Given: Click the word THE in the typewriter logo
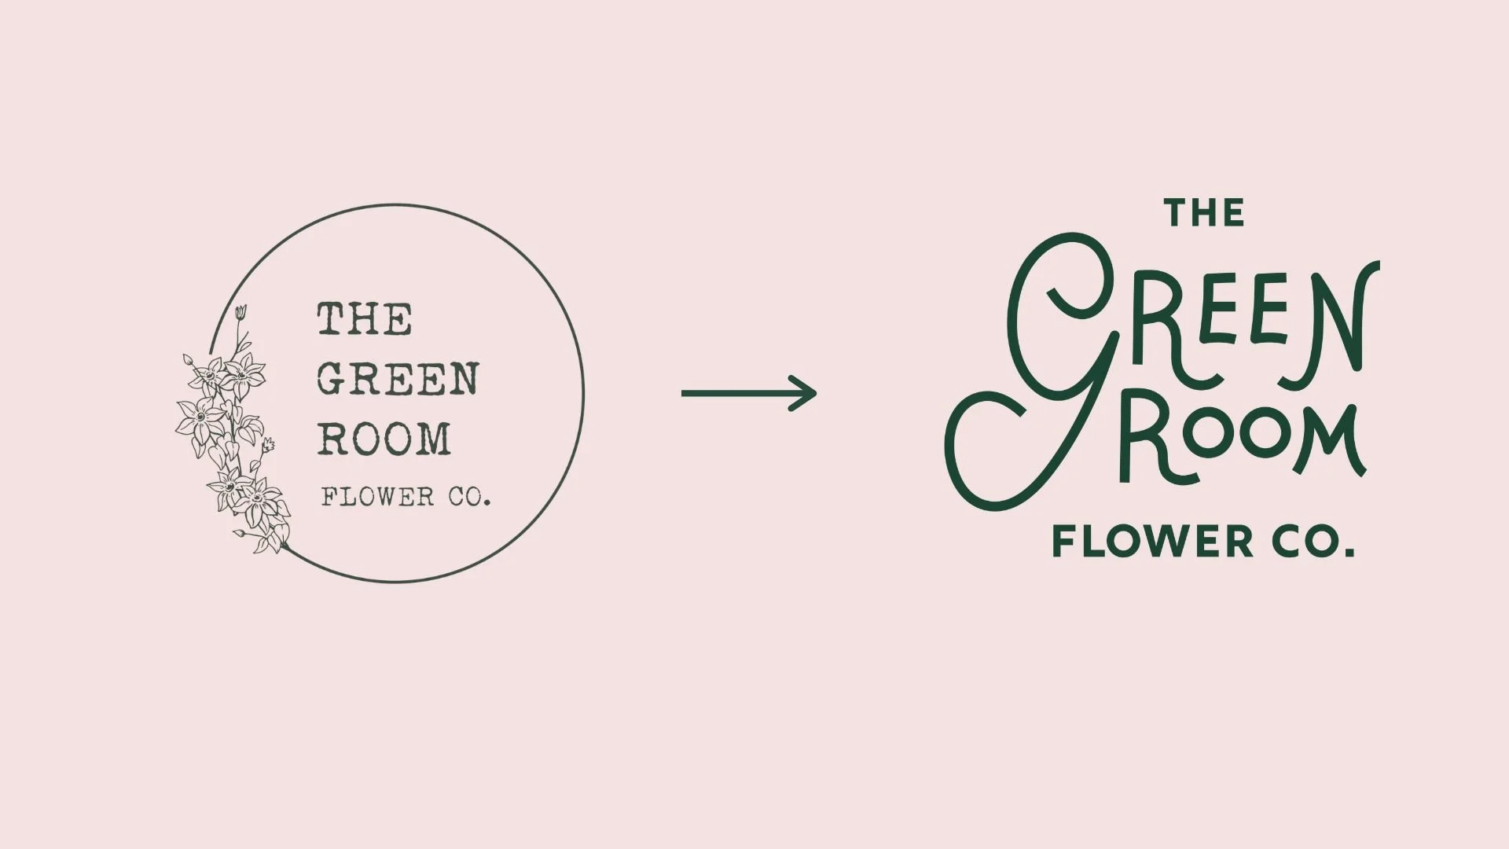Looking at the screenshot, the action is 365,319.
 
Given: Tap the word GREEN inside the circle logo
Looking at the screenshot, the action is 398,379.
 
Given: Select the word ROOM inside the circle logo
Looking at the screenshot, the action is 384,439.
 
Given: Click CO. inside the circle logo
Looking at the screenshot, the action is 469,498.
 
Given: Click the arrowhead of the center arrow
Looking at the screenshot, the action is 806,393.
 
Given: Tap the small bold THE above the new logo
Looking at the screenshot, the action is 1204,213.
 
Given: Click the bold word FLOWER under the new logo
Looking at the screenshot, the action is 1153,542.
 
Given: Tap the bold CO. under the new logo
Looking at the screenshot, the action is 1312,542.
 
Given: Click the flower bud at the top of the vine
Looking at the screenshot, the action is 241,312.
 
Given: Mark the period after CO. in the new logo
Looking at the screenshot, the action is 1350,553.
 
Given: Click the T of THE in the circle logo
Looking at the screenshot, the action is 331,319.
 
